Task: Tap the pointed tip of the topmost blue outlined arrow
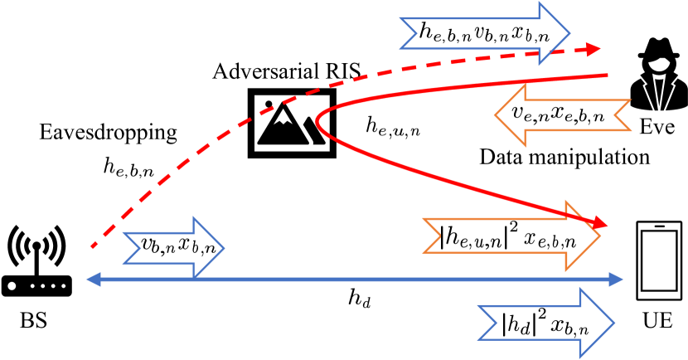click(569, 34)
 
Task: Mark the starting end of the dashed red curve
click(93, 246)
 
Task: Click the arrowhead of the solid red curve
click(600, 224)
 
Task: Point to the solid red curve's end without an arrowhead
click(608, 75)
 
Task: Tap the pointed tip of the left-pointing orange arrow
click(496, 115)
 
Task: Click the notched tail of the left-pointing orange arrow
click(622, 115)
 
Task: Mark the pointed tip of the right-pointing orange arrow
click(600, 236)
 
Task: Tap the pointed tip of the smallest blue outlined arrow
click(224, 248)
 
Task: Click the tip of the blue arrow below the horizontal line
click(614, 323)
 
